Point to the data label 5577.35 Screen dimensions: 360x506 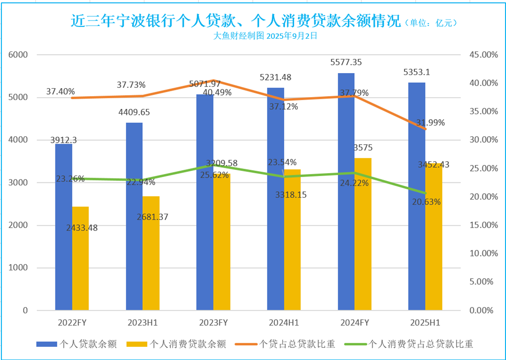pos(347,62)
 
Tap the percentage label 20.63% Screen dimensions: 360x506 pos(426,202)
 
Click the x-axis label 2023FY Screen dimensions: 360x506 pos(213,323)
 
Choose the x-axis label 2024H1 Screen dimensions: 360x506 pos(284,323)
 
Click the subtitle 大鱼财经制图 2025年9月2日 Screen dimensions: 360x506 pos(266,36)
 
